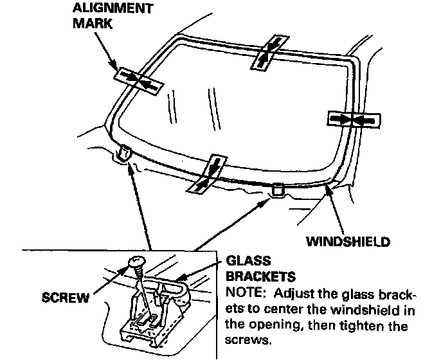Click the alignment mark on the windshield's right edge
354,119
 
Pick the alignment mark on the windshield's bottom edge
209,174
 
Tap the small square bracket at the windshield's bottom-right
278,190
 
